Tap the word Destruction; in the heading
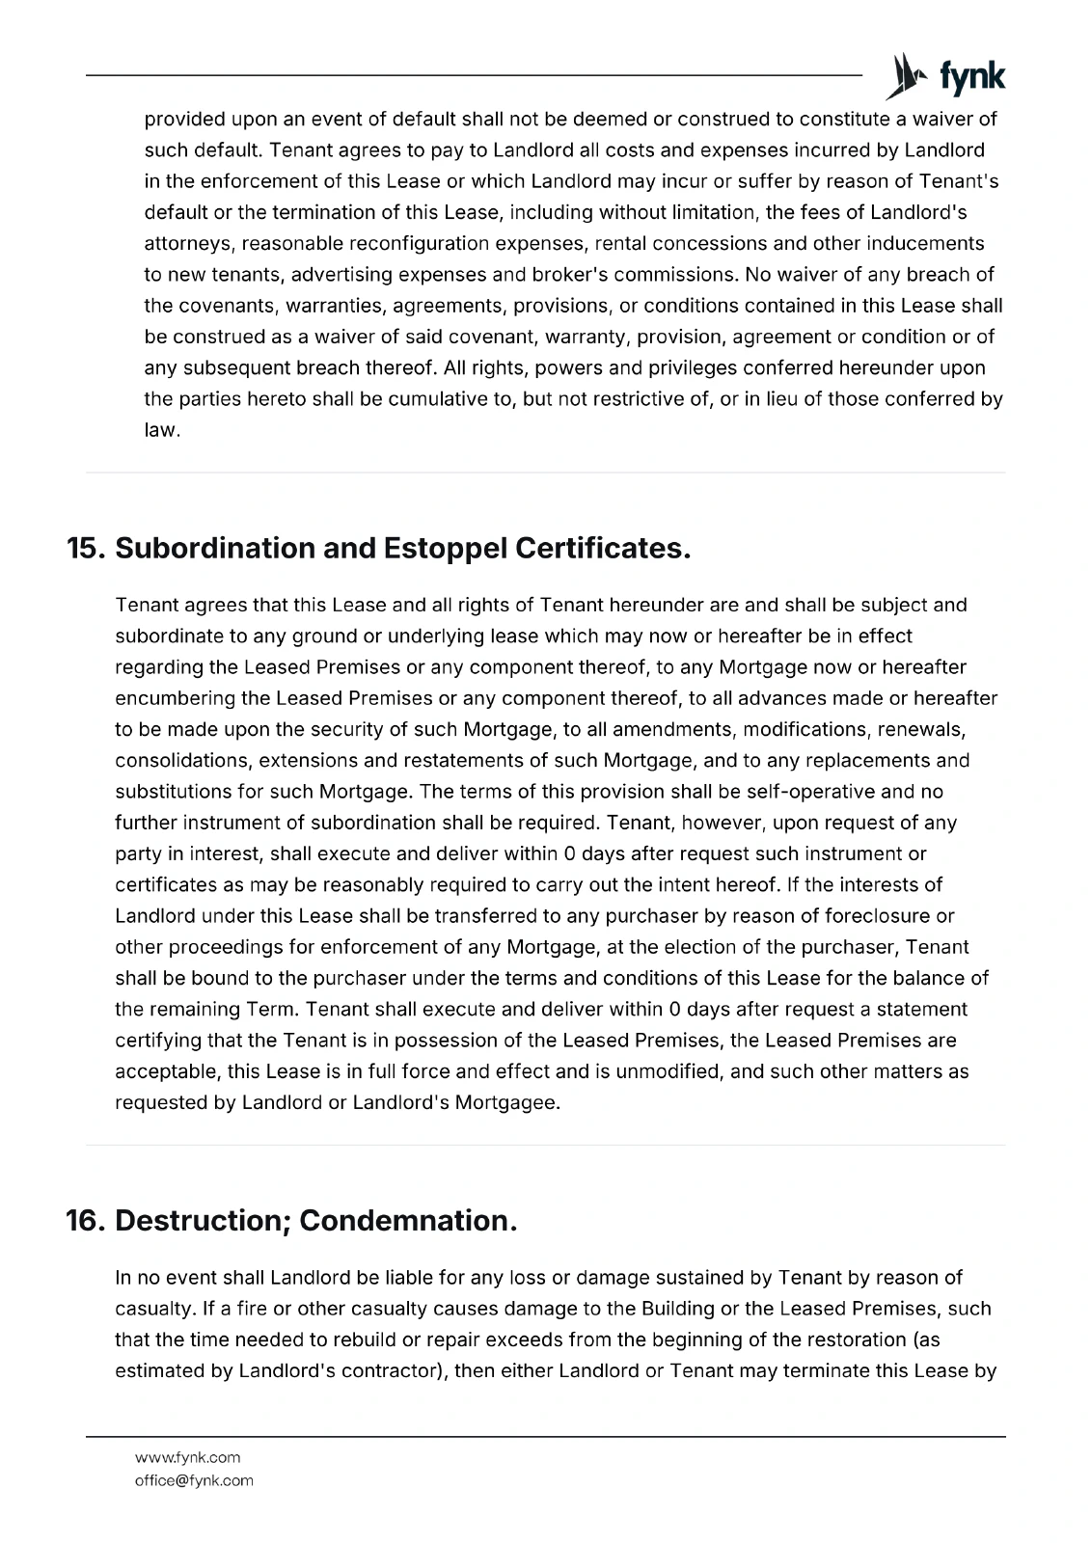point(203,1220)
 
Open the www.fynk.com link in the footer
point(187,1457)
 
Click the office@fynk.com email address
point(194,1480)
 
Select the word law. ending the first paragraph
point(162,430)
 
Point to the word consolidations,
point(183,761)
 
